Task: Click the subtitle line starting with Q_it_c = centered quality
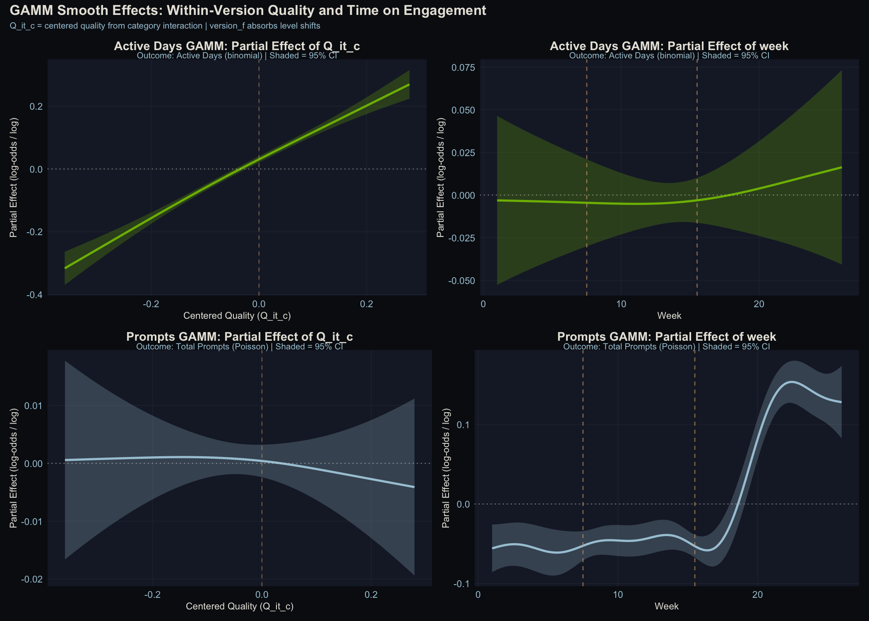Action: tap(165, 26)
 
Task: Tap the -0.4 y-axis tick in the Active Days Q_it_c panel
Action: tap(34, 295)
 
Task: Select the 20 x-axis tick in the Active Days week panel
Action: tap(759, 304)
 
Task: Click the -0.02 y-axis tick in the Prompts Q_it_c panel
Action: tap(32, 579)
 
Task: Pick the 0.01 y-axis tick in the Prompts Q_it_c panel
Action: tap(34, 405)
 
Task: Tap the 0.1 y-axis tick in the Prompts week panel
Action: tap(463, 425)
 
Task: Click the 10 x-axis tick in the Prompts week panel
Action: tap(617, 595)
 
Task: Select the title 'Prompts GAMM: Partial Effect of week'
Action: tap(666, 337)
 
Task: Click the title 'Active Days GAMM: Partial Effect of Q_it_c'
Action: tap(237, 46)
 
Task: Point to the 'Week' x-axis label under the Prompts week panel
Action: tap(666, 607)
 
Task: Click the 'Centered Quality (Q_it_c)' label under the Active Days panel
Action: tap(237, 316)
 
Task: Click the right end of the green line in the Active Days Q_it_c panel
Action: tap(409, 85)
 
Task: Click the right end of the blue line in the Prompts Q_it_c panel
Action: tap(414, 487)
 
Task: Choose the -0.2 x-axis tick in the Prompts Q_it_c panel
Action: tap(152, 595)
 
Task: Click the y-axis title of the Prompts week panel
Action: tap(446, 468)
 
